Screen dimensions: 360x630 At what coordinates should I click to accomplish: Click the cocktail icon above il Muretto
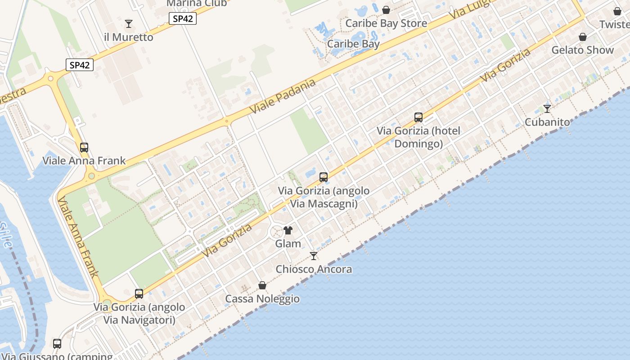coord(129,23)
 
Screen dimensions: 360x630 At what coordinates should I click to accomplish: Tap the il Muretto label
coord(129,37)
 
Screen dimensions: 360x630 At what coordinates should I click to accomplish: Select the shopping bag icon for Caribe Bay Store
coord(386,9)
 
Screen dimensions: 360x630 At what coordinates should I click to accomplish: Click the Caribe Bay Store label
coord(386,23)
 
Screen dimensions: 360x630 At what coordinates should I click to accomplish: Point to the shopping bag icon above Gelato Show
coord(583,36)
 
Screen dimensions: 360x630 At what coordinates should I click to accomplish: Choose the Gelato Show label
coord(583,50)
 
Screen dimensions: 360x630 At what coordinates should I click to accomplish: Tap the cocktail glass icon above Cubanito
coord(547,108)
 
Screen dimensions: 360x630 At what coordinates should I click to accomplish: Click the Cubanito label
coord(547,122)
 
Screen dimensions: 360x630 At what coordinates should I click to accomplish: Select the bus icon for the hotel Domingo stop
coord(418,117)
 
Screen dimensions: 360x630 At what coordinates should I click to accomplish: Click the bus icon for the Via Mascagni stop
coord(324,177)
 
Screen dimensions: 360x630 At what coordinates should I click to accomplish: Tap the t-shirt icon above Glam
coord(288,230)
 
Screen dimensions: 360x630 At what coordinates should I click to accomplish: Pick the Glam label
coord(288,244)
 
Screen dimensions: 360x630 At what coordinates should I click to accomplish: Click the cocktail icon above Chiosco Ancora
coord(314,256)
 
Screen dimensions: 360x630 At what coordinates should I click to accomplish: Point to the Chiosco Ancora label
coord(314,270)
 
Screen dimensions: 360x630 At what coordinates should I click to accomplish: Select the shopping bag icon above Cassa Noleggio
coord(262,285)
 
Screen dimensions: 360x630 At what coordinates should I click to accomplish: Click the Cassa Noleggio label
coord(262,299)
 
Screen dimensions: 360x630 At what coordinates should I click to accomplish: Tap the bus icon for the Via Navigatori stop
coord(139,294)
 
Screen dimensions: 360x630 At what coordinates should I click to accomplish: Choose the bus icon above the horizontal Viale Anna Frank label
coord(84,147)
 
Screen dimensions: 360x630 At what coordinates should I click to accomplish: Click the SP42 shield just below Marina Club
coord(183,19)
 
